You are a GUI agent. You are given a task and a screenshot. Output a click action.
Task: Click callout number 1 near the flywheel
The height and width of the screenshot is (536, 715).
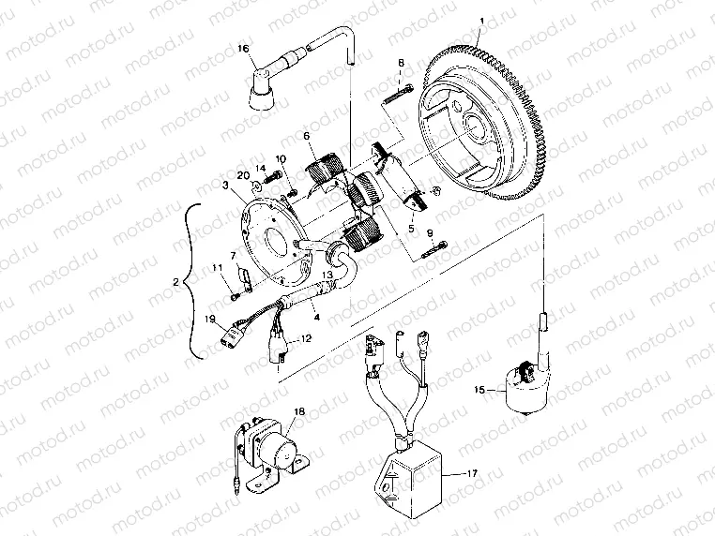pos(481,21)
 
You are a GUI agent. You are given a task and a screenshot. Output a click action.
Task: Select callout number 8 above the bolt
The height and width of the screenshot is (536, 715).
pos(401,64)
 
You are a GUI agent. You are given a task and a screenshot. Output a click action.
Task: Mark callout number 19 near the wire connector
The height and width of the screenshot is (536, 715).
pos(210,319)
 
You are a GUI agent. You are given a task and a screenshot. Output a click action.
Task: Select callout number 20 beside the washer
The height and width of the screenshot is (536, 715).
pos(243,174)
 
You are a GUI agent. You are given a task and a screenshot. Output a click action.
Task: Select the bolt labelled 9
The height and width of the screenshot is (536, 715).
pos(434,248)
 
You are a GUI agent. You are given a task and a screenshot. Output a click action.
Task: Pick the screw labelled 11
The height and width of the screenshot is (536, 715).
pos(233,297)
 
